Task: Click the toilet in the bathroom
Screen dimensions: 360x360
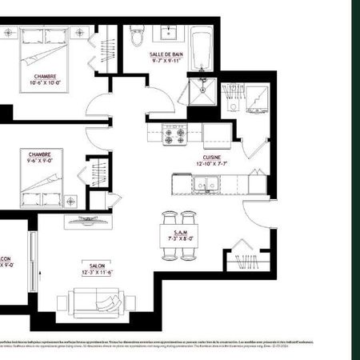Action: [x=136, y=37]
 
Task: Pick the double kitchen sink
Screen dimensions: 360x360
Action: [x=206, y=186]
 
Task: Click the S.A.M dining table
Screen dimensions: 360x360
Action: [x=178, y=237]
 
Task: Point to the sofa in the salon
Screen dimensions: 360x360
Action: [x=94, y=301]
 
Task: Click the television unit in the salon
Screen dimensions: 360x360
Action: [x=85, y=219]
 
